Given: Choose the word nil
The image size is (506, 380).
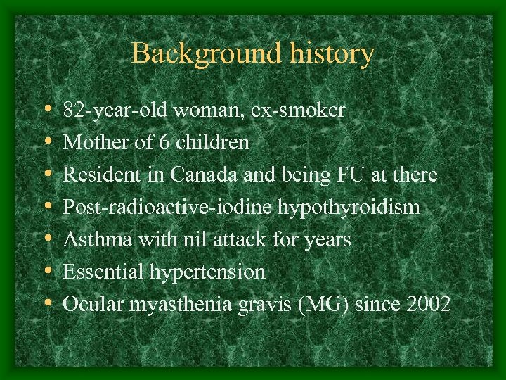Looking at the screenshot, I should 195,240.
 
